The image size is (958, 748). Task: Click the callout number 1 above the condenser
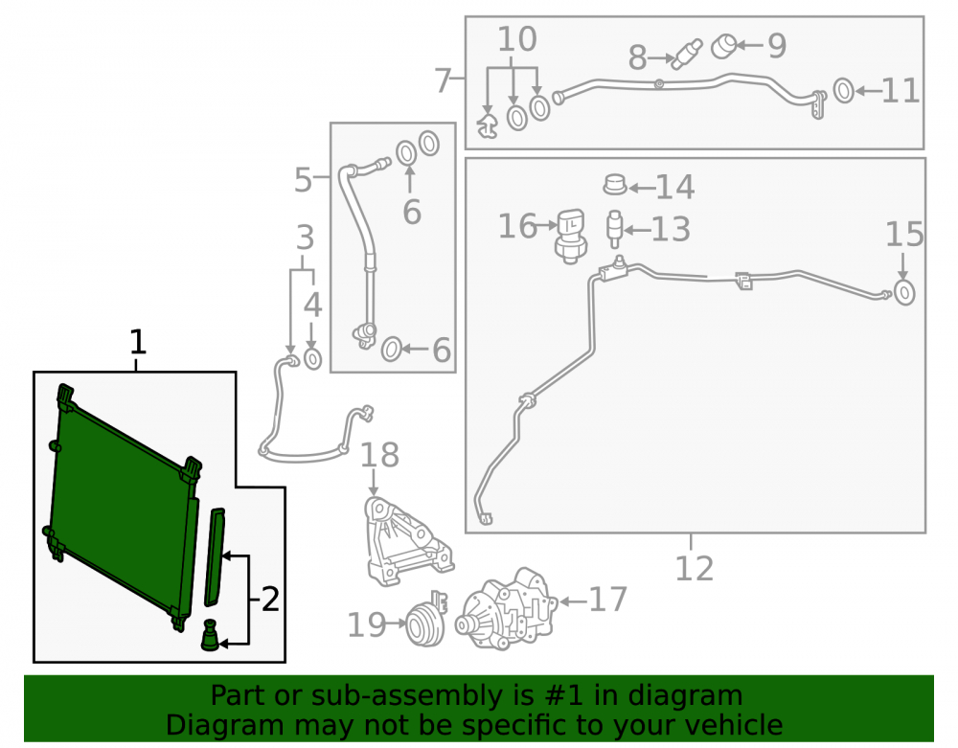pos(138,342)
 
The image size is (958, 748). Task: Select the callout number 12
pos(694,569)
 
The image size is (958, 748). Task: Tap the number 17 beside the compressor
pos(607,600)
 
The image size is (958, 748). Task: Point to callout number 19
pos(367,624)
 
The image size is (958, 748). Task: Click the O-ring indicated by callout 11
pos(844,91)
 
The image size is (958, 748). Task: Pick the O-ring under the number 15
pos(903,292)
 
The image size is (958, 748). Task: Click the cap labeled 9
pos(724,46)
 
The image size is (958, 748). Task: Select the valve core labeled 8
pos(687,54)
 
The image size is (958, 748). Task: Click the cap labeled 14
pos(615,184)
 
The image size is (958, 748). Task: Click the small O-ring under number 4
pos(313,359)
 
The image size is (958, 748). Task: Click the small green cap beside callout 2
pos(210,635)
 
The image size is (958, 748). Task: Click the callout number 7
pos(443,80)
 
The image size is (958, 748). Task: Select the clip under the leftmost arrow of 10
pos(487,124)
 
